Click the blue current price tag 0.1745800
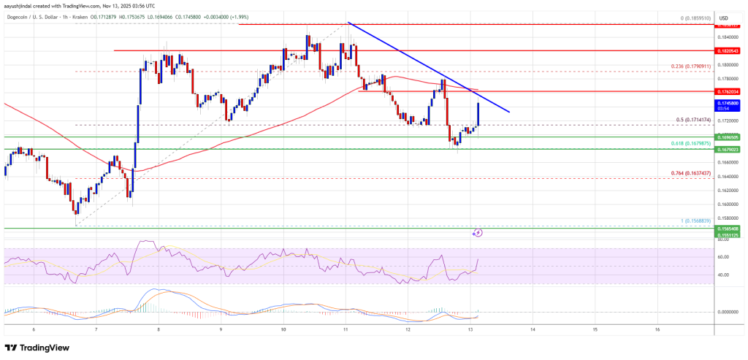click(x=729, y=104)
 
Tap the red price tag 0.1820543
click(x=729, y=50)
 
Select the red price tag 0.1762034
click(x=729, y=91)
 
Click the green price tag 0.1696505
click(x=729, y=137)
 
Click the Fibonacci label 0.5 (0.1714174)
click(x=692, y=120)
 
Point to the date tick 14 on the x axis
click(x=533, y=330)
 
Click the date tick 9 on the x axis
click(x=221, y=330)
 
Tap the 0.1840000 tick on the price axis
click(x=728, y=37)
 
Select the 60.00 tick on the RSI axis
click(x=722, y=257)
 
